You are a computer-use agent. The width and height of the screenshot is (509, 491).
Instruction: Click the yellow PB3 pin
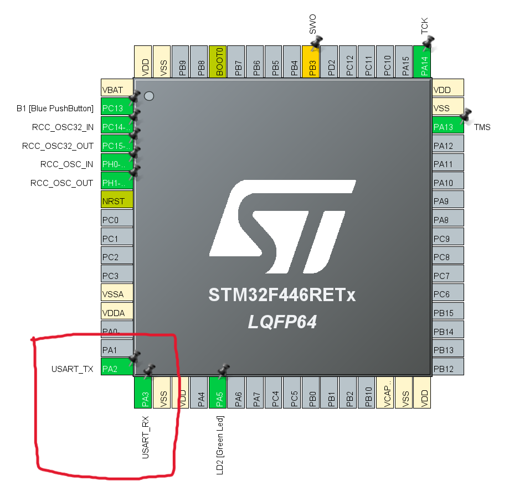(x=311, y=62)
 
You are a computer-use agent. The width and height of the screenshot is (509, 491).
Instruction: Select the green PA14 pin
(x=423, y=62)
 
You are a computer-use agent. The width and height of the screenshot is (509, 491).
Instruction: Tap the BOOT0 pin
(x=218, y=61)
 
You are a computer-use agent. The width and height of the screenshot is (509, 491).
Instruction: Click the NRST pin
(x=117, y=201)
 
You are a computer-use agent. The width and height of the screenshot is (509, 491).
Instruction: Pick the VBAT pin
(x=117, y=90)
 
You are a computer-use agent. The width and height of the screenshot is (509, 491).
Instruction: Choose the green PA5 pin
(x=218, y=394)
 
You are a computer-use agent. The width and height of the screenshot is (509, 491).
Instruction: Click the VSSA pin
(x=117, y=294)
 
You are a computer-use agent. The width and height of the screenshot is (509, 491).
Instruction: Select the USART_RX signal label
(x=145, y=441)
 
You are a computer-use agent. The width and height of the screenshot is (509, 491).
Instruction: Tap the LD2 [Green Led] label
(x=219, y=446)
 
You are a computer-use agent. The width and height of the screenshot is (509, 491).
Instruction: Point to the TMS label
(x=482, y=127)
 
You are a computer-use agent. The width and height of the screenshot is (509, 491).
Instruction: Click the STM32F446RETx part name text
(x=282, y=296)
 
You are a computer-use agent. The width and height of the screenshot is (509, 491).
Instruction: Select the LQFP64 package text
(x=282, y=322)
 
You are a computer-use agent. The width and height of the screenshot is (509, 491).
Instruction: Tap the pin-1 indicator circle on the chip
(x=148, y=96)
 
